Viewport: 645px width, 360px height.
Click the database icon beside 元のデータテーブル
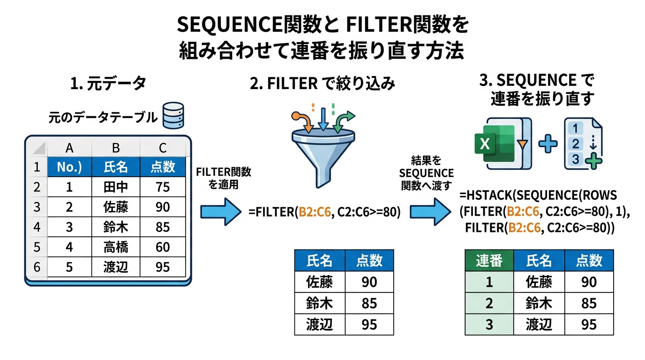173,115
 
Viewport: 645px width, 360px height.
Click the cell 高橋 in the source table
115,247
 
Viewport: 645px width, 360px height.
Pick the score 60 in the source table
163,247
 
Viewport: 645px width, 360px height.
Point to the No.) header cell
69,167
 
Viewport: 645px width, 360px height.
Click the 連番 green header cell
489,261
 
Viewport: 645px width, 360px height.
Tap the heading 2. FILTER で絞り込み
322,84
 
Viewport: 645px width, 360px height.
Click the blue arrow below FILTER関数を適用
219,211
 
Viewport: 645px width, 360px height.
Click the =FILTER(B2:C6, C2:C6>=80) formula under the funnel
324,212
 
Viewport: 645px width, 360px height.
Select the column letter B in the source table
115,148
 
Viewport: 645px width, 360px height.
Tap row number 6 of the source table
37,267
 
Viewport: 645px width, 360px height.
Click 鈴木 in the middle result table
319,303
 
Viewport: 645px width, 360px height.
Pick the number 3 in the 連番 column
489,324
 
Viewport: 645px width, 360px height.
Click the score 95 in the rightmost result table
589,324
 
